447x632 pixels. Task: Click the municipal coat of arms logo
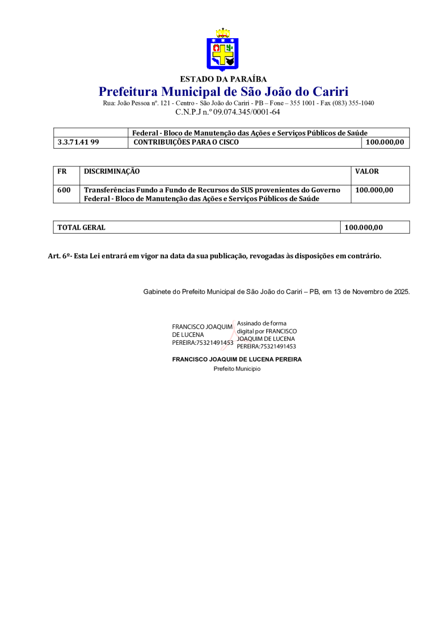coord(223,50)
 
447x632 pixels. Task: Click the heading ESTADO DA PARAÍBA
coord(223,79)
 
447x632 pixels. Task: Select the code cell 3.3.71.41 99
coord(78,143)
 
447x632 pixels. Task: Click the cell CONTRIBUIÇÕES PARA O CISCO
coord(186,143)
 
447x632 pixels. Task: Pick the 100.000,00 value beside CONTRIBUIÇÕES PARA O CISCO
coord(384,143)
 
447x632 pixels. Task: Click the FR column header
coord(62,171)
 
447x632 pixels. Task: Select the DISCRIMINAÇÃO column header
coord(112,171)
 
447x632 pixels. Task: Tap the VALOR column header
coord(367,171)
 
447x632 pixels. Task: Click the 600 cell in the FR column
coord(64,190)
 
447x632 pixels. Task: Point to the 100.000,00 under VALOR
coord(374,190)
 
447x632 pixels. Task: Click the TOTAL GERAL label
coord(81,228)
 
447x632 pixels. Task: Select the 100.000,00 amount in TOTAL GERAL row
coord(364,228)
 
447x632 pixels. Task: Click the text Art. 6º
coord(59,256)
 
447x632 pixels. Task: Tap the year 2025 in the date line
coord(401,292)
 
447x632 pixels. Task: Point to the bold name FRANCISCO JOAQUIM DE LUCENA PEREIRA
coord(236,359)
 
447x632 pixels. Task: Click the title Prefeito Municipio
coord(237,369)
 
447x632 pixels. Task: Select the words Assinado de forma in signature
coord(262,323)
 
